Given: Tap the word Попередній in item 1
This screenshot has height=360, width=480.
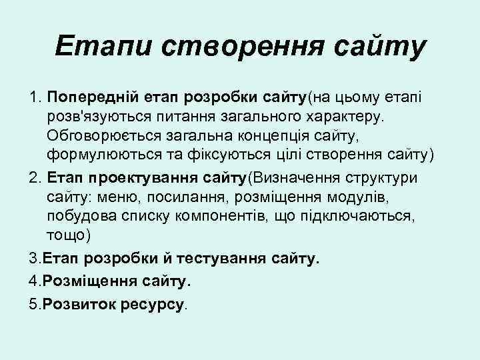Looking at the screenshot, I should pos(88,99).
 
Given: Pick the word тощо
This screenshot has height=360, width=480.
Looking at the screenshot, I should pos(67,237).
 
